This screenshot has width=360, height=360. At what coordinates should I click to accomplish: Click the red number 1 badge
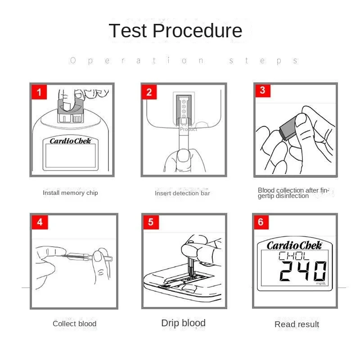point(39,92)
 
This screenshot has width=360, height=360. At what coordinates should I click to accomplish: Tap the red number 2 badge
point(149,92)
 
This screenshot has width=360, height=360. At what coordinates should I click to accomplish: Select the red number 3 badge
point(263,90)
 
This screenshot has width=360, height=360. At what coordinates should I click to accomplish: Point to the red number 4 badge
point(40,222)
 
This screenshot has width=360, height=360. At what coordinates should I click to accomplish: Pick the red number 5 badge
point(151,222)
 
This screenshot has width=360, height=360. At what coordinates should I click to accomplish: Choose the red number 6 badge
point(261,222)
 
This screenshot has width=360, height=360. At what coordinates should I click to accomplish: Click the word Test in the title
point(128,31)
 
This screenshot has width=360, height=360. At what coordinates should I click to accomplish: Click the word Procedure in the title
point(198,31)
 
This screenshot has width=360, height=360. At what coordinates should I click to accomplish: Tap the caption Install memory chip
point(70,193)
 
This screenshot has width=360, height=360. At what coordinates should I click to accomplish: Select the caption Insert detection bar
point(182,193)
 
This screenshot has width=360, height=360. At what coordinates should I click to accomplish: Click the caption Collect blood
point(74,324)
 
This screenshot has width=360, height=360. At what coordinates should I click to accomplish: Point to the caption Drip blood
point(183,323)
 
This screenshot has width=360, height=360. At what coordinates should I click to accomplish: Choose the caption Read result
point(297,324)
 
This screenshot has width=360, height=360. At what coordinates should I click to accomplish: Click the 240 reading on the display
point(303,271)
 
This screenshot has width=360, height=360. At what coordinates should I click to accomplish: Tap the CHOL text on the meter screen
point(294,256)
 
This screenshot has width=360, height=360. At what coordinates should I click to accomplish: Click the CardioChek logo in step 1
point(71,141)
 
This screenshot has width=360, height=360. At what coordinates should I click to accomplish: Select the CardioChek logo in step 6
point(295,245)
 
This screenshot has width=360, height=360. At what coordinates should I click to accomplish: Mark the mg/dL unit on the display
point(321,283)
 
